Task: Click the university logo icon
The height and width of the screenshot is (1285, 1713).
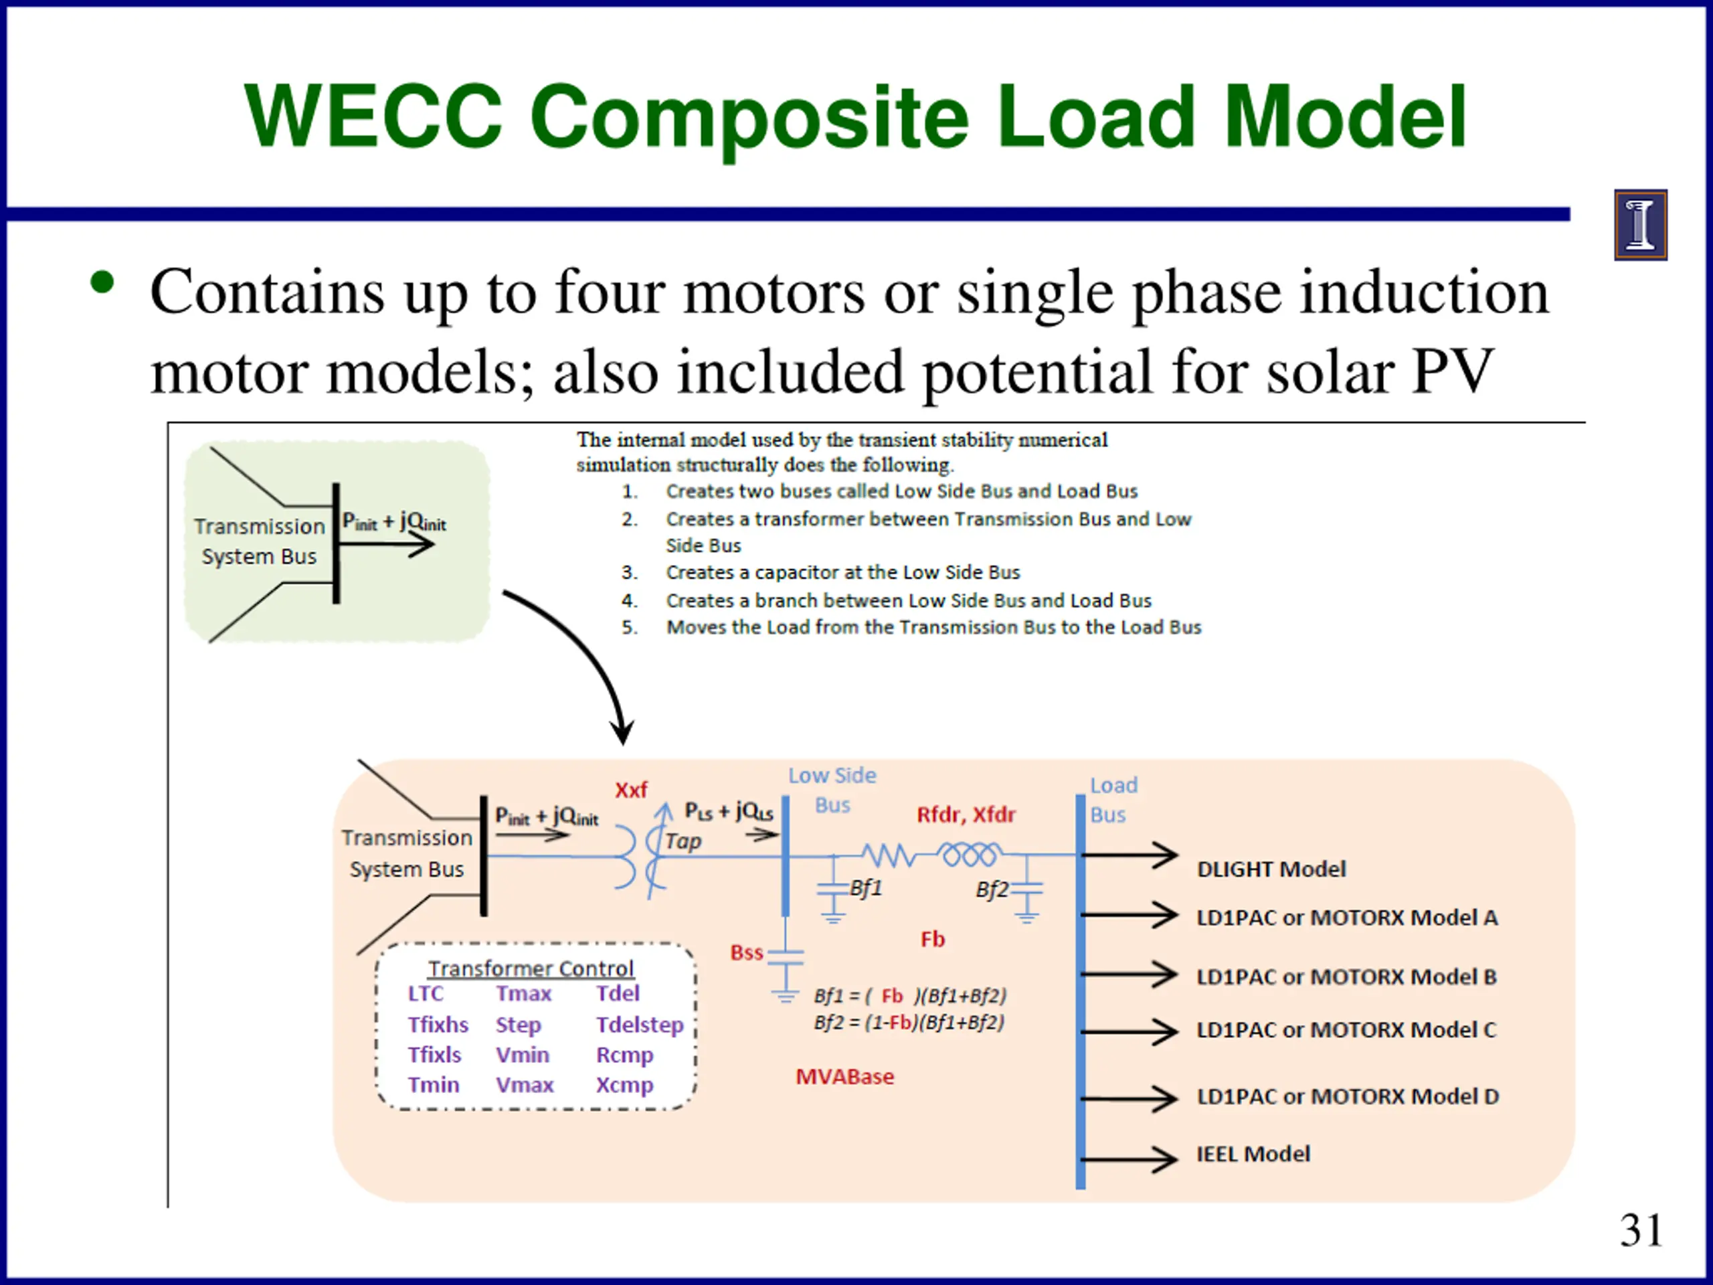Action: [x=1640, y=225]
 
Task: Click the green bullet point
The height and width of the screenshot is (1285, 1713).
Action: [x=102, y=282]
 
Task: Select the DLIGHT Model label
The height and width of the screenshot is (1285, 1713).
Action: [x=1271, y=869]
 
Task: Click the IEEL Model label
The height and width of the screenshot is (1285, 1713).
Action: [x=1253, y=1154]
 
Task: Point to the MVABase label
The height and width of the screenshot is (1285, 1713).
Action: [x=845, y=1077]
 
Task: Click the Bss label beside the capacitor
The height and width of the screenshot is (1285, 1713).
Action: [x=747, y=953]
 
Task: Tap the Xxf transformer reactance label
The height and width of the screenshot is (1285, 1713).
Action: [x=631, y=790]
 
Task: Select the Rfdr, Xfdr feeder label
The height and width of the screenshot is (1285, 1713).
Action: [x=966, y=815]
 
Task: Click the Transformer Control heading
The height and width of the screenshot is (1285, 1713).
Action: [x=531, y=968]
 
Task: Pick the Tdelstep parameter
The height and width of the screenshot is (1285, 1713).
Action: [x=640, y=1025]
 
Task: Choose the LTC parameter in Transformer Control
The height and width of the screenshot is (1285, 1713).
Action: [x=426, y=994]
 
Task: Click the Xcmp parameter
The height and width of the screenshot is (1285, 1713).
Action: [x=625, y=1085]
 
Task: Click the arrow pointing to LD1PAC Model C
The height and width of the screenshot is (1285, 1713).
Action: [x=1129, y=1031]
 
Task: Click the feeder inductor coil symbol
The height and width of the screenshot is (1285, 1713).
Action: [x=968, y=855]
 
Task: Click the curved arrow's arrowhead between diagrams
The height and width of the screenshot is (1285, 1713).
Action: [x=621, y=732]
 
